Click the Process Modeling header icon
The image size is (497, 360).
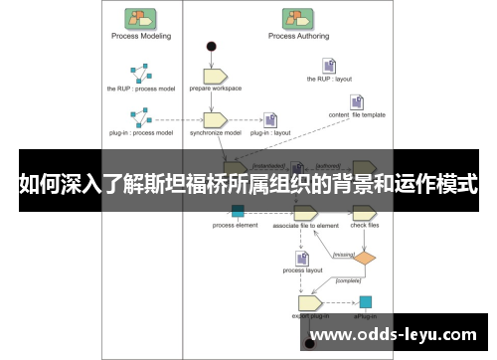click(x=139, y=18)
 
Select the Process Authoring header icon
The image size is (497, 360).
click(x=295, y=18)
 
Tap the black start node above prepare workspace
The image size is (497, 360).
click(x=211, y=47)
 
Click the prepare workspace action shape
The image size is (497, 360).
click(x=216, y=75)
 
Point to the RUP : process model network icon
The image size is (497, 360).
click(x=139, y=75)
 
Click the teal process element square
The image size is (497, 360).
click(x=238, y=211)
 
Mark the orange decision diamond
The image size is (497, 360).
click(x=366, y=258)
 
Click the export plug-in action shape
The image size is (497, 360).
click(x=309, y=301)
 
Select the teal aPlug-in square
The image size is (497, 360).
click(x=365, y=301)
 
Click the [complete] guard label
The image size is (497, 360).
click(x=348, y=280)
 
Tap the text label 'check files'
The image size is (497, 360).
click(x=365, y=226)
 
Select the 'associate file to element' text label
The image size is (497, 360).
click(x=304, y=226)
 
